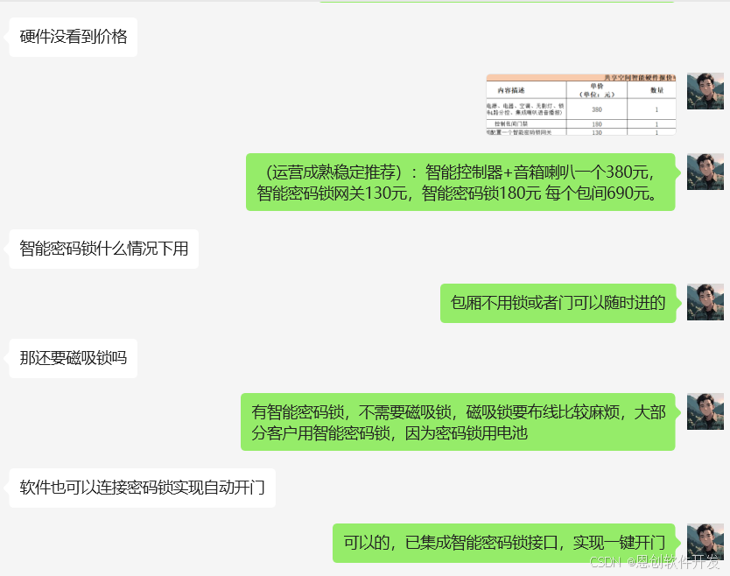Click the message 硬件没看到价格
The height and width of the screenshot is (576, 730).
[74, 37]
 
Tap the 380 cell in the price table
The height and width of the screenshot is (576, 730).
[597, 109]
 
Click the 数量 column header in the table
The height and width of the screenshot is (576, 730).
[656, 90]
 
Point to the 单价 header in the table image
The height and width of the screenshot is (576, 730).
[597, 88]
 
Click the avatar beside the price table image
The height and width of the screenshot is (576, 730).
[705, 92]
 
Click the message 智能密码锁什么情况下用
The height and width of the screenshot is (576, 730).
[104, 249]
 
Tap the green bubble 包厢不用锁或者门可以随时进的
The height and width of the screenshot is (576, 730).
[558, 304]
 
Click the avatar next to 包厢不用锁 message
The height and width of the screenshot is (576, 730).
[705, 302]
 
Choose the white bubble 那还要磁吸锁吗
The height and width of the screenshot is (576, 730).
[74, 358]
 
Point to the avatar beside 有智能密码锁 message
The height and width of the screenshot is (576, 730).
[705, 411]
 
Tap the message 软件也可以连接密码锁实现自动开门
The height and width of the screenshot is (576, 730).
[142, 488]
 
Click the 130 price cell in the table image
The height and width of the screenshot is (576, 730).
[597, 132]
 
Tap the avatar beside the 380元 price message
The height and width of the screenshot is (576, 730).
[705, 172]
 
